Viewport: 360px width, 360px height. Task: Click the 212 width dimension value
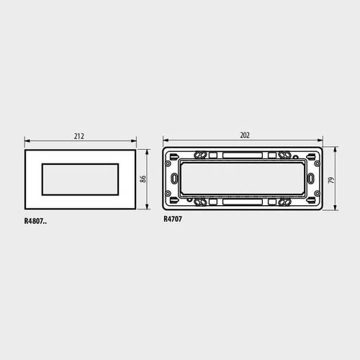[x=79, y=136]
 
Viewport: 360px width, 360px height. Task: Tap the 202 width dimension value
[x=245, y=135]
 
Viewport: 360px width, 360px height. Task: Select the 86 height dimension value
[x=143, y=179]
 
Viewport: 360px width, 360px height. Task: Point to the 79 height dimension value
[x=331, y=180]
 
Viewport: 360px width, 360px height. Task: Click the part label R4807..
[x=35, y=221]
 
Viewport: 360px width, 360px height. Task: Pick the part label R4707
[x=173, y=219]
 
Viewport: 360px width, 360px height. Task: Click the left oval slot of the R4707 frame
[x=174, y=179]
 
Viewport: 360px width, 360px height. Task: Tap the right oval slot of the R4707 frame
[x=311, y=179]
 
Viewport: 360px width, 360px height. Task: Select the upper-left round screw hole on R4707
[x=168, y=163]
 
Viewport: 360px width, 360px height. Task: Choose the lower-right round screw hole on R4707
[x=317, y=193]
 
